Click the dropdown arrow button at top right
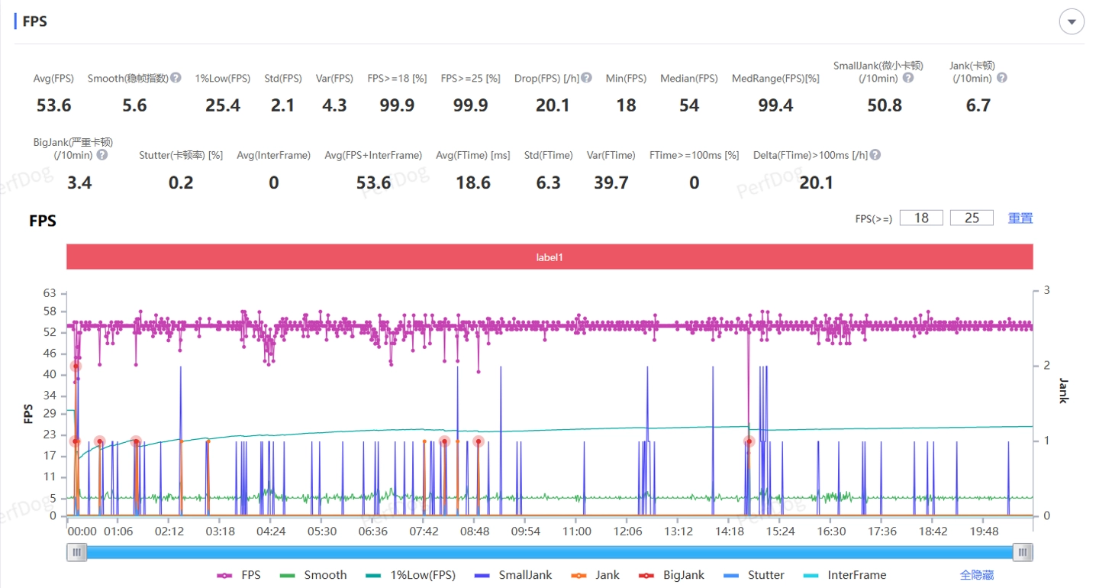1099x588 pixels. [1072, 22]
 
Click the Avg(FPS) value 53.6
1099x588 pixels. [54, 105]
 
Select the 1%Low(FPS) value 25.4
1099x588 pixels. [223, 105]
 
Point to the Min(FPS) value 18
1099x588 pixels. [626, 105]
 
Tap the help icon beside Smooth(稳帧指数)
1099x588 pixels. [176, 78]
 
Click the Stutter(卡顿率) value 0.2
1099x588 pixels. [181, 183]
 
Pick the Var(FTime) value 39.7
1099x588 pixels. [611, 183]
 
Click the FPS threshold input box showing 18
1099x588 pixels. [921, 218]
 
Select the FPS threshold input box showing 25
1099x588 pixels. [972, 218]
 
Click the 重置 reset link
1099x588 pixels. [1020, 218]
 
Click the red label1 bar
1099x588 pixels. [549, 257]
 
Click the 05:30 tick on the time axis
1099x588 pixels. [322, 531]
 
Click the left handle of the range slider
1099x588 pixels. [76, 552]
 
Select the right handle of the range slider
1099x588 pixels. [1023, 552]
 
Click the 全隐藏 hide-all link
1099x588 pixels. [977, 575]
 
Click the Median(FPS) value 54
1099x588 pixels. [689, 105]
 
